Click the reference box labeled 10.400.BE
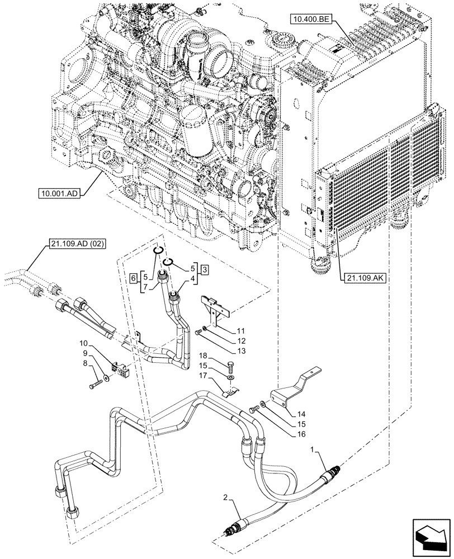pyautogui.click(x=311, y=21)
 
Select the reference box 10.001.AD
pyautogui.click(x=59, y=194)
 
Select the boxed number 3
pyautogui.click(x=206, y=270)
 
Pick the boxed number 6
pyautogui.click(x=133, y=277)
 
